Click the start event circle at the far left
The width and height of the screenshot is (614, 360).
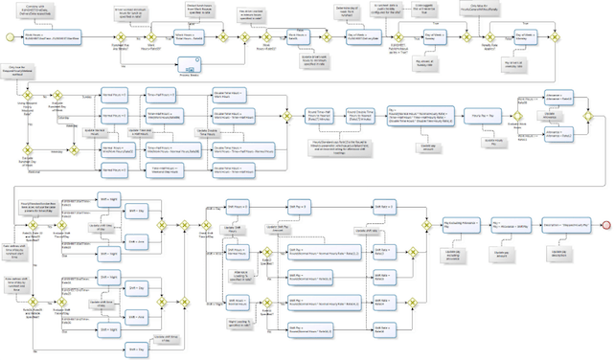[x=9, y=36]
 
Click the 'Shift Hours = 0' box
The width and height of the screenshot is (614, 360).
[x=236, y=208]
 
